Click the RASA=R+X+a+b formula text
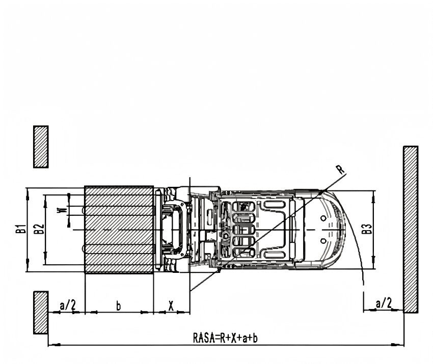[x=225, y=338]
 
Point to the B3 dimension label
[x=367, y=229]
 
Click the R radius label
[x=340, y=170]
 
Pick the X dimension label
[x=171, y=305]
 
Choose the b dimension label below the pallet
[x=119, y=305]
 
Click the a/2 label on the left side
[x=68, y=305]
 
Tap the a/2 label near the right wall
[x=384, y=303]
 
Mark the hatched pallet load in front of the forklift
[x=119, y=230]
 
